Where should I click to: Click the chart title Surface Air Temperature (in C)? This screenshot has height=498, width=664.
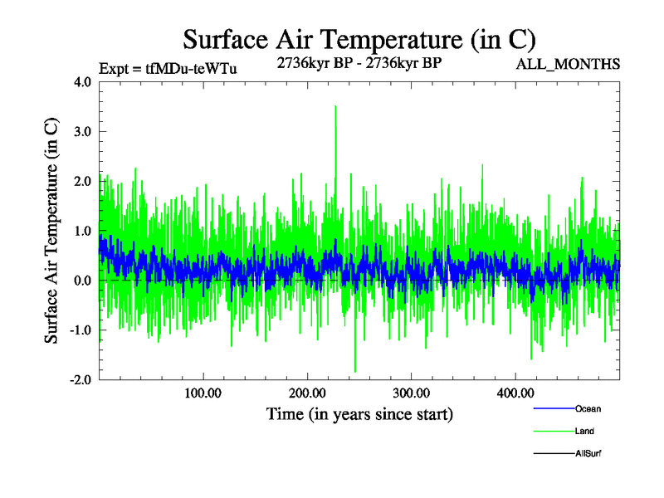(359, 39)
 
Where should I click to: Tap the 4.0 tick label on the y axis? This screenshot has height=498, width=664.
(84, 82)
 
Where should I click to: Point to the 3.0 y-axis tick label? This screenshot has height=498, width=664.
(84, 131)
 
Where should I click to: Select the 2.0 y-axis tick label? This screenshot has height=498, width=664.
(84, 181)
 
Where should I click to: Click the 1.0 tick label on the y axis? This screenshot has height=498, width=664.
(84, 231)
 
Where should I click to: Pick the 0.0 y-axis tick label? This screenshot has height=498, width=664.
(84, 281)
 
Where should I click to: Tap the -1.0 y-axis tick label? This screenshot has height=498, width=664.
(81, 330)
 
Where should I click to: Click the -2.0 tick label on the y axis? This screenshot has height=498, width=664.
(81, 379)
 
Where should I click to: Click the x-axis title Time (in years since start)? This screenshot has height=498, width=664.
(359, 413)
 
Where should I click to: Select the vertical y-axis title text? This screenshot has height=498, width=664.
(51, 231)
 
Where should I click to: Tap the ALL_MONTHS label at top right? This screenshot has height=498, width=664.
(569, 64)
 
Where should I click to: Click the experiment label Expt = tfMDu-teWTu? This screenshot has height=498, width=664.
(168, 69)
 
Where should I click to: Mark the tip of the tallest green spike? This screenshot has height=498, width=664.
(335, 106)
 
